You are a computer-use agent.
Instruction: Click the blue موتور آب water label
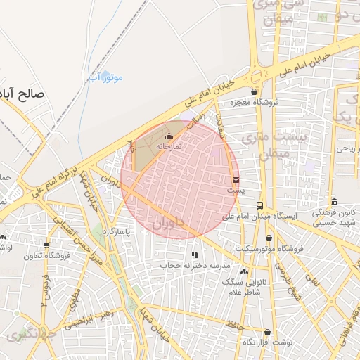pyautogui.click(x=104, y=77)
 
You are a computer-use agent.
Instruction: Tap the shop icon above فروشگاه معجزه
pyautogui.click(x=254, y=91)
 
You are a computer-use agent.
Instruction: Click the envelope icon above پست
pyautogui.click(x=235, y=180)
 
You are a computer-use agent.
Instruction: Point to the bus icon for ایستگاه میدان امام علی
pyautogui.click(x=259, y=205)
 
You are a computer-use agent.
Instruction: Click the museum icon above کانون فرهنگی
pyautogui.click(x=333, y=201)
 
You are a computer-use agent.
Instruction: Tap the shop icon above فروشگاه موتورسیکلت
pyautogui.click(x=269, y=238)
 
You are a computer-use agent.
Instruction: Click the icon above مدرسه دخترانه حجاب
pyautogui.click(x=195, y=255)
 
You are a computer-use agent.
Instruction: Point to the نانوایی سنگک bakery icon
pyautogui.click(x=244, y=271)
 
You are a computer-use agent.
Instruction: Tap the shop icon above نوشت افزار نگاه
pyautogui.click(x=267, y=332)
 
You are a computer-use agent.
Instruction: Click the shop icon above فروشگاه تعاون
pyautogui.click(x=46, y=245)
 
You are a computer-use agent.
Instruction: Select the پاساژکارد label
pyautogui.click(x=117, y=231)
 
